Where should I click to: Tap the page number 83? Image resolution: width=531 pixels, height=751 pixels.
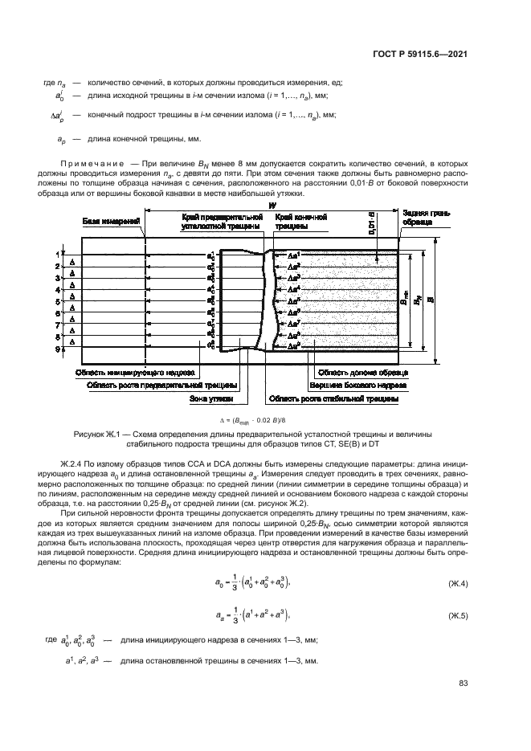463,684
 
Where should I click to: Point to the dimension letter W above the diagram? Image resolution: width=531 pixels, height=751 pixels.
272,206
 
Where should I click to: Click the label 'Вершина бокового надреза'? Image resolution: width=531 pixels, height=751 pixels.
361,385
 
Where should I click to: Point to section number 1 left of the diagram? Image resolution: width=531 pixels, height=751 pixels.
58,254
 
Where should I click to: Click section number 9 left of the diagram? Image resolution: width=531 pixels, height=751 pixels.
58,349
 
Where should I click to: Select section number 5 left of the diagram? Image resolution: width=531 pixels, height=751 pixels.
58,302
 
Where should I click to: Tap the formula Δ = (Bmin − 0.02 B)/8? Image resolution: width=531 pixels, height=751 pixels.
264,419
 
